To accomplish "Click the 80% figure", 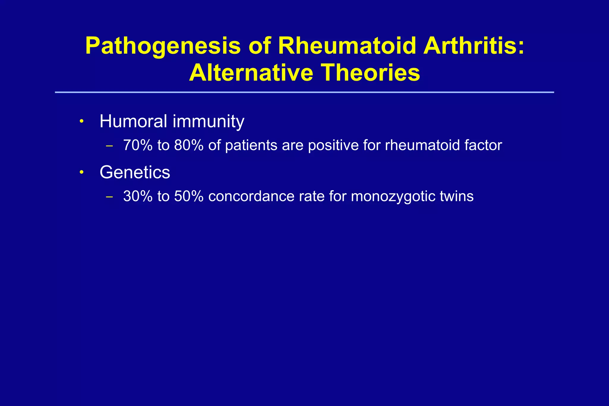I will [189, 145].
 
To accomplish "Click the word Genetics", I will [135, 172].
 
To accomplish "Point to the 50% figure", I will [189, 196].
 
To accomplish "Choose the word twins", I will [457, 196].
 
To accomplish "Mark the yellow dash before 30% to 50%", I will [109, 197].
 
